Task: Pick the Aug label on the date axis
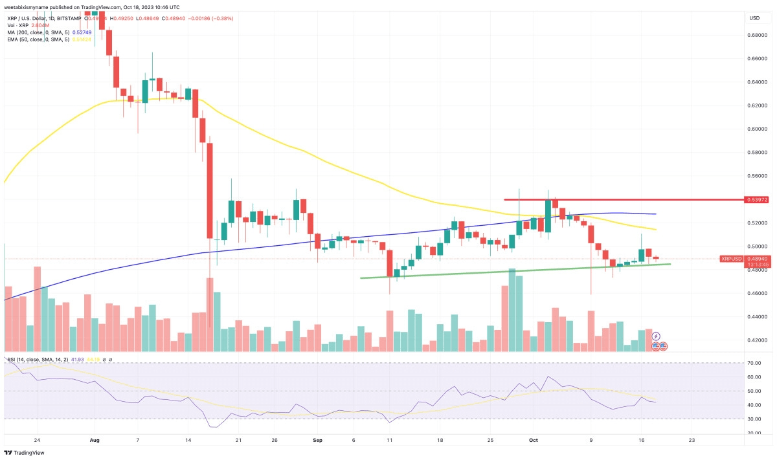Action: (95, 440)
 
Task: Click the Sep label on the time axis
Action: (317, 440)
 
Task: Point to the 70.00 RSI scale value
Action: (753, 363)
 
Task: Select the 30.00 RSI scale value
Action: (753, 419)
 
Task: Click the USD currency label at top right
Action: (754, 17)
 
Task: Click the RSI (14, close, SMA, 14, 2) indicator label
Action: (39, 359)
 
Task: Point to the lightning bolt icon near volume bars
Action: (656, 336)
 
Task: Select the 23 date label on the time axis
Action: (692, 440)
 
